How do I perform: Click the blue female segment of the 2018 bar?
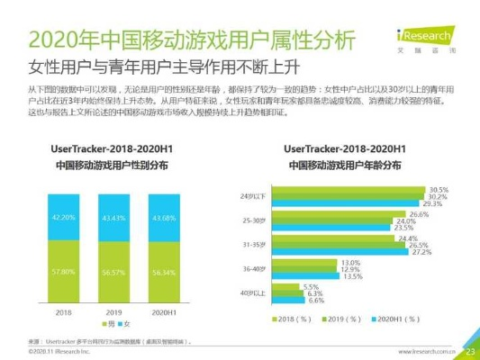pos(63,217)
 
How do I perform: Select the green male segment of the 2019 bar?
pos(114,273)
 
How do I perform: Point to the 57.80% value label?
pos(63,271)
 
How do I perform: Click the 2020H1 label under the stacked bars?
pos(164,311)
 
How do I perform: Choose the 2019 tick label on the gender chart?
pos(114,311)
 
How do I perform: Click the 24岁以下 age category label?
pos(255,195)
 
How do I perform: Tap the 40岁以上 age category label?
pos(255,293)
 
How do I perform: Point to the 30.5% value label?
pos(438,190)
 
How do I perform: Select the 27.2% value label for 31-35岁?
pos(420,252)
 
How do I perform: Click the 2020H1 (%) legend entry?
pos(398,319)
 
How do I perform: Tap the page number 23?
pos(469,350)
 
